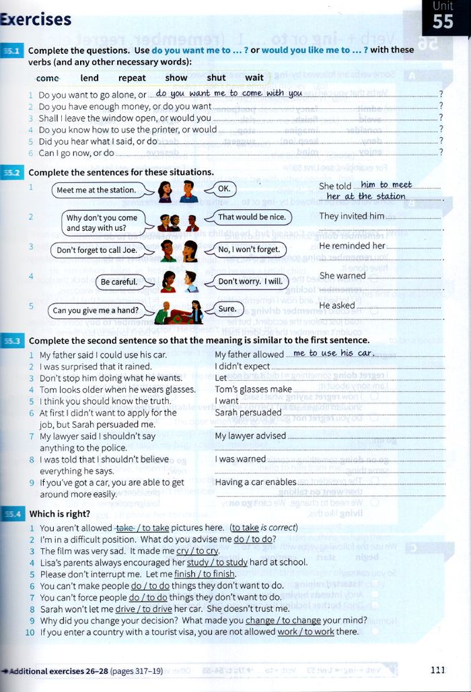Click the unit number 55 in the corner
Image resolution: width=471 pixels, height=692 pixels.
(x=443, y=21)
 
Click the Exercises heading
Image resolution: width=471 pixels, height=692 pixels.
(x=36, y=20)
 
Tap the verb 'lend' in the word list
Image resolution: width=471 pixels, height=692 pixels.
(x=89, y=78)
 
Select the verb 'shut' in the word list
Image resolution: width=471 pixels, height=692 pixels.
(x=216, y=78)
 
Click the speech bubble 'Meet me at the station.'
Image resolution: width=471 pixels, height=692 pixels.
(x=96, y=190)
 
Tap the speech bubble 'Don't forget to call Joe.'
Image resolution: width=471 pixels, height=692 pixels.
(x=97, y=250)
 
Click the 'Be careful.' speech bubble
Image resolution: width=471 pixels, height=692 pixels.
(x=119, y=282)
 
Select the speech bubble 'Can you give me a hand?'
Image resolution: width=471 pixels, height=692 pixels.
(x=96, y=311)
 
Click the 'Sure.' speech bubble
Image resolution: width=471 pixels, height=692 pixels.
(x=227, y=309)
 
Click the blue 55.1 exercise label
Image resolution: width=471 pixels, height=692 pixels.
(x=13, y=50)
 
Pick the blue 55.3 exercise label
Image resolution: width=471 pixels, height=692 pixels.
(x=13, y=341)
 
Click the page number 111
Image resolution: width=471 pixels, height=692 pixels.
(x=437, y=669)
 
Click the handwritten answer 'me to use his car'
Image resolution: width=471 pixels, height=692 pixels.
(x=332, y=353)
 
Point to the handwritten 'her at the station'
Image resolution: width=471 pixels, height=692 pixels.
(x=365, y=196)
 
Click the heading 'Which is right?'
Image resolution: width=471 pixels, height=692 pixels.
(x=60, y=514)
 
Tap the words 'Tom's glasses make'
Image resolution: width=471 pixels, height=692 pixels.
(x=253, y=389)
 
